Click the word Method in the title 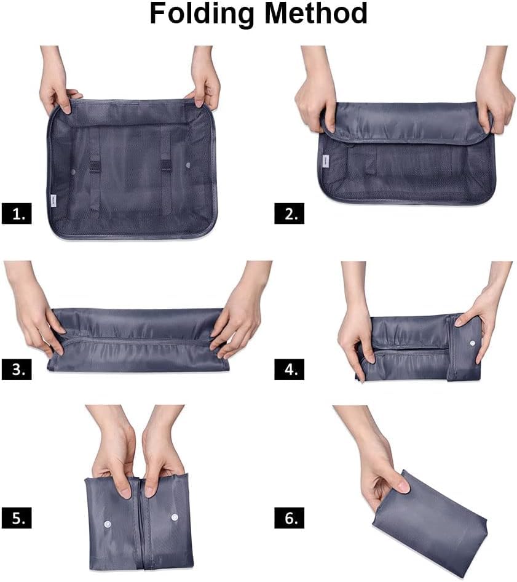click(316, 14)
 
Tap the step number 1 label click(17, 213)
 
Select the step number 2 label click(290, 213)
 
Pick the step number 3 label click(17, 369)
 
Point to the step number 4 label click(290, 369)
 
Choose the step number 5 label click(17, 518)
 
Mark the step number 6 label click(290, 518)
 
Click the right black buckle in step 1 click(167, 166)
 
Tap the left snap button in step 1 click(73, 172)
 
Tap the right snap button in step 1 click(188, 165)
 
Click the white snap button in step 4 click(472, 343)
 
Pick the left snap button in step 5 click(108, 524)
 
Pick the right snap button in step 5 click(175, 517)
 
